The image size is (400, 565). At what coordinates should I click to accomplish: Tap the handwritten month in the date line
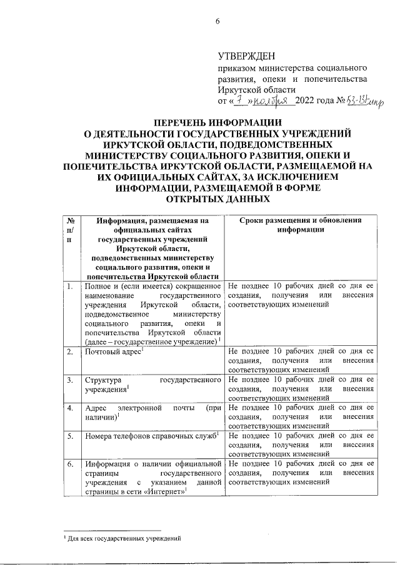pos(272,101)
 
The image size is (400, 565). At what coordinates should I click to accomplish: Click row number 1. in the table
pos(71,286)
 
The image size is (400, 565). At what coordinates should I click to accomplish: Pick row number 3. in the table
pos(71,380)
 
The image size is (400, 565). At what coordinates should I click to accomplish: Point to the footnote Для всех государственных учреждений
pos(125,538)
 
